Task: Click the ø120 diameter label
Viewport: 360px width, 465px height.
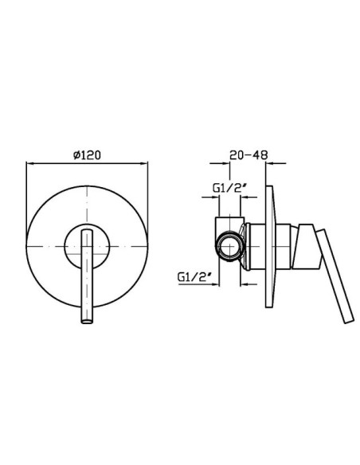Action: tap(87, 154)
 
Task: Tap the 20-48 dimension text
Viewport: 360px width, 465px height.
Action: tap(248, 154)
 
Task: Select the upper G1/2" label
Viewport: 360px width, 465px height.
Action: tap(230, 188)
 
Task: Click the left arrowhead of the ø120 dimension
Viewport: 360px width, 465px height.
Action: tap(29, 162)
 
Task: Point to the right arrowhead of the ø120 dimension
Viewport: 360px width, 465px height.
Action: tap(145, 162)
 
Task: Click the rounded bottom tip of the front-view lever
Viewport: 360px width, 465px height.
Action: tap(87, 321)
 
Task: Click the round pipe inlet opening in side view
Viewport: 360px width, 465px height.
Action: tap(230, 246)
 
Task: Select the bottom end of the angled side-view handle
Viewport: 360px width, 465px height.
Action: tap(349, 321)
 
